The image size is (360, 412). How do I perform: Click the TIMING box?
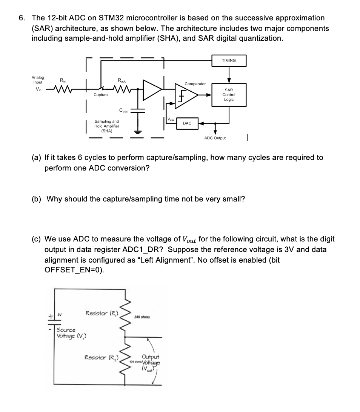click(229, 60)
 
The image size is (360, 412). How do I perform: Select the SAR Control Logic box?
click(229, 95)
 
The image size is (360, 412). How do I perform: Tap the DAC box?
click(187, 123)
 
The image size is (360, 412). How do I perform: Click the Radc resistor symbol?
click(122, 90)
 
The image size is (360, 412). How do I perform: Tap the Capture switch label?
click(100, 95)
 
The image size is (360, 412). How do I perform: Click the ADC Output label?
click(215, 138)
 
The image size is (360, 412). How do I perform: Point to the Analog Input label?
click(38, 80)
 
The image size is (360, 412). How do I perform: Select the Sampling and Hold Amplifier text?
click(106, 126)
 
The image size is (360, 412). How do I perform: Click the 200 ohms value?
click(142, 317)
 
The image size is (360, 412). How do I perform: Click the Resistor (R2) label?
click(101, 357)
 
